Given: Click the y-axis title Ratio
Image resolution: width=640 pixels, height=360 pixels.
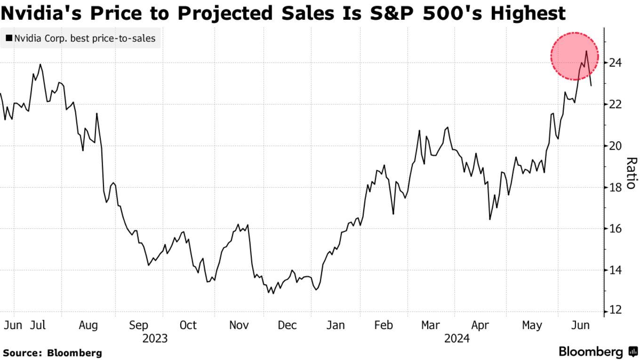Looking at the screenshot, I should pyautogui.click(x=631, y=173).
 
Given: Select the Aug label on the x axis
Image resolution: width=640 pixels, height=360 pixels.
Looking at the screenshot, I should pyautogui.click(x=88, y=325).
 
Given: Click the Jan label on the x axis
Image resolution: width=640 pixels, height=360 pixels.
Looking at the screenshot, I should pyautogui.click(x=336, y=325).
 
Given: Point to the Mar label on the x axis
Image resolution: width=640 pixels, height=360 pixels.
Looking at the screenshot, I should pyautogui.click(x=431, y=325).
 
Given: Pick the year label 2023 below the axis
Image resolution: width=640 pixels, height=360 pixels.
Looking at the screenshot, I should pyautogui.click(x=155, y=338).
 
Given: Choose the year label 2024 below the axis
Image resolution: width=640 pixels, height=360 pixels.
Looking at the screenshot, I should pyautogui.click(x=457, y=338).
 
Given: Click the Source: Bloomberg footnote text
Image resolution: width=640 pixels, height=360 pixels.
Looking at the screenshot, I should pyautogui.click(x=52, y=352).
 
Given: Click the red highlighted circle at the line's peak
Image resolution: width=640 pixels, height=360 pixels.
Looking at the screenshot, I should pyautogui.click(x=575, y=56).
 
